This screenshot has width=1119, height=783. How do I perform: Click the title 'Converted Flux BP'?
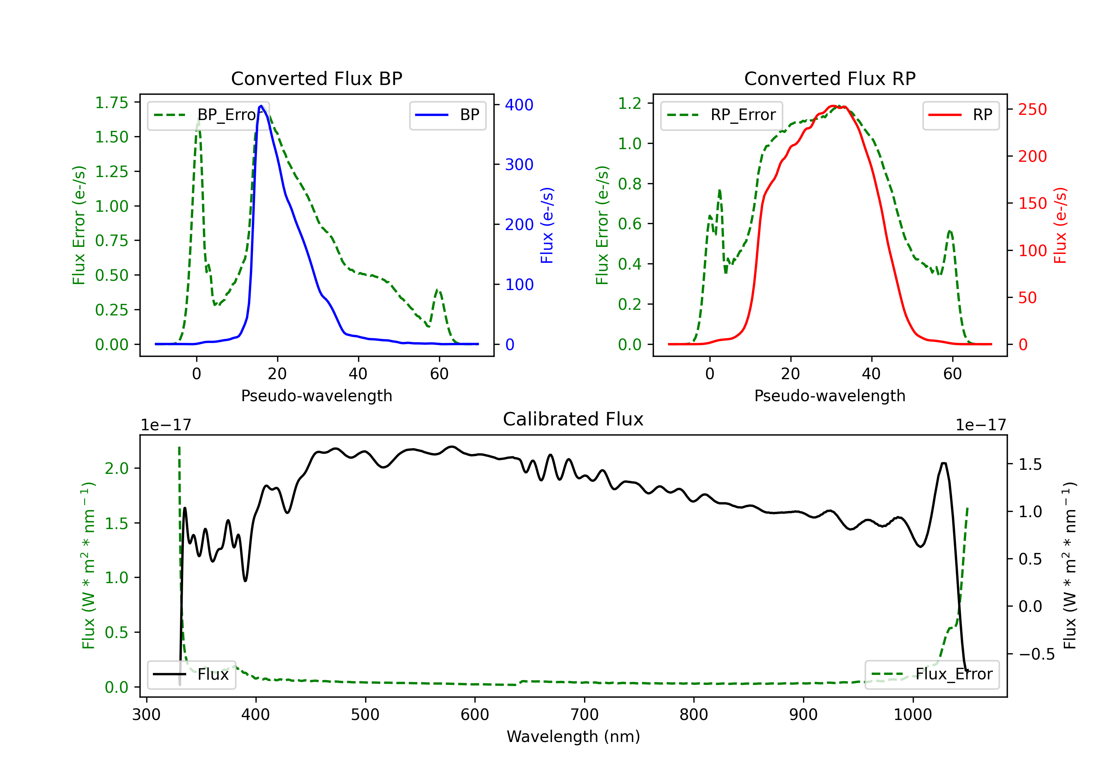[x=316, y=78]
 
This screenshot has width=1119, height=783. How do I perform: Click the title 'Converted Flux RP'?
[x=830, y=78]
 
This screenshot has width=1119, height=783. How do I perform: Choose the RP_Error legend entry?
[x=721, y=115]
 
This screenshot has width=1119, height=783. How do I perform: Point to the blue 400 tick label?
[x=519, y=105]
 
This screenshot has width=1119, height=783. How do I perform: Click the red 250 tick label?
[x=1032, y=110]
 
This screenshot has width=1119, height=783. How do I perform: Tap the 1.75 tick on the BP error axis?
[x=111, y=103]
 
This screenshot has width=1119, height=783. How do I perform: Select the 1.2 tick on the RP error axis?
[x=629, y=103]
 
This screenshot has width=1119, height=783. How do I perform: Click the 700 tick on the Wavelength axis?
[x=584, y=714]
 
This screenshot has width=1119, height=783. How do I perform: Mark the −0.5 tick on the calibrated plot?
[x=1036, y=654]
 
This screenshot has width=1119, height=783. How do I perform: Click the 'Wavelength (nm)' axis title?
[x=573, y=736]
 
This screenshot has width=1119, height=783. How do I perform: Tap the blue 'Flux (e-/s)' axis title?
[x=547, y=225]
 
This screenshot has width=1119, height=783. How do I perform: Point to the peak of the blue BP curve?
[x=261, y=106]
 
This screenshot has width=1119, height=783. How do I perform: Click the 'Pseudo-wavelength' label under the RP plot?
[x=830, y=396]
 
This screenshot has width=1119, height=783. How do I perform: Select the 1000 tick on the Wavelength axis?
[x=912, y=714]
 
